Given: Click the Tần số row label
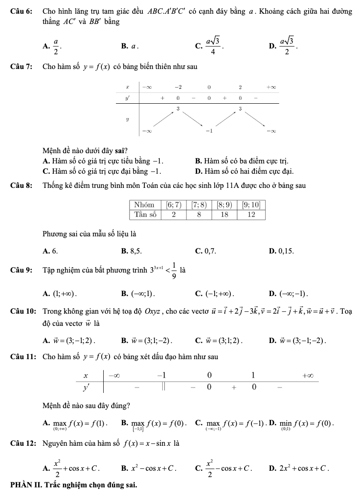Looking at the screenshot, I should click(x=145, y=214).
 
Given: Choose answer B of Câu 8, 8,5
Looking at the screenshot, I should click(x=132, y=251).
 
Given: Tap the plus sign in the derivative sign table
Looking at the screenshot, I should click(x=234, y=388).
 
